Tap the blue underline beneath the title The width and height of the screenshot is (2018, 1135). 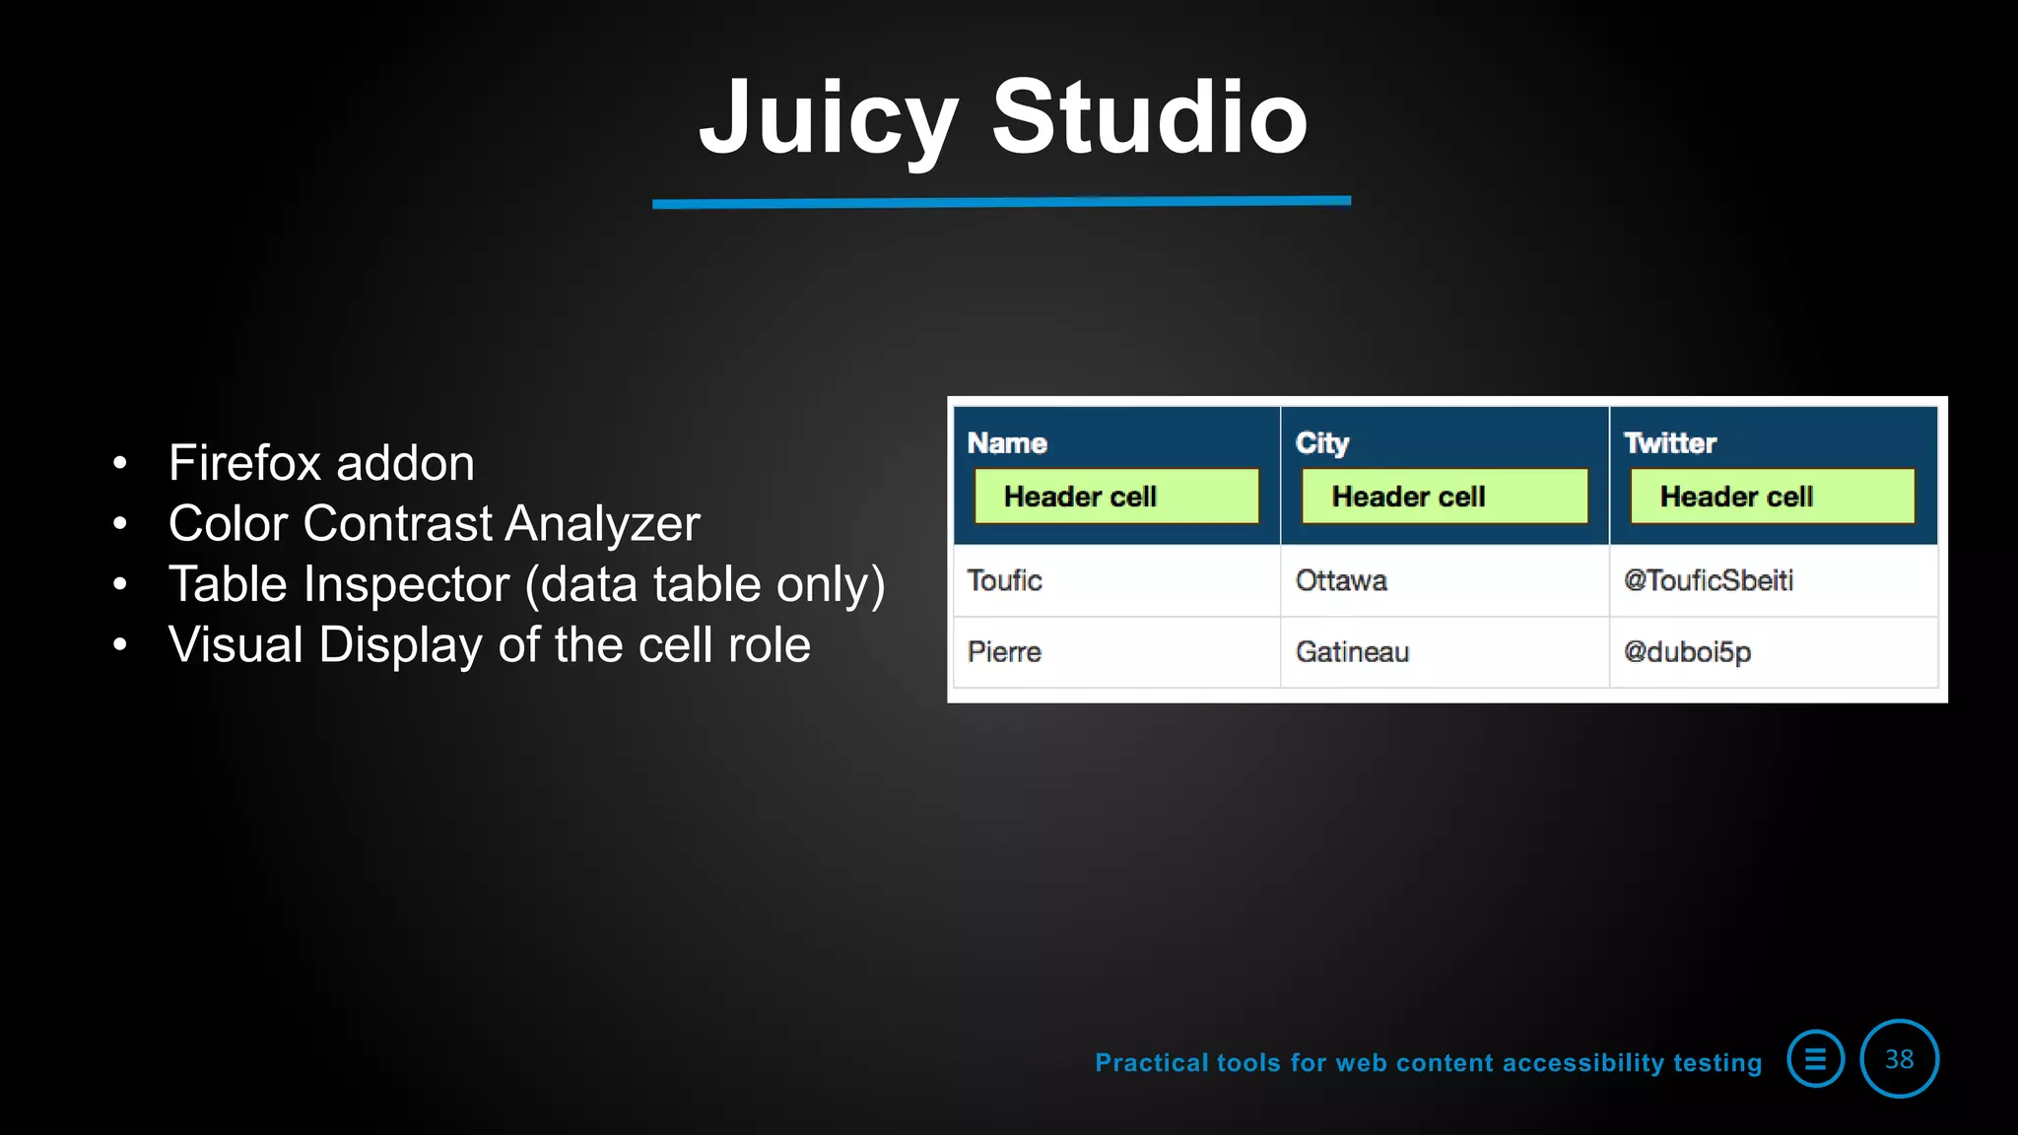[x=1001, y=202]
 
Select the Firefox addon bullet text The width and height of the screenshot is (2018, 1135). [x=321, y=463]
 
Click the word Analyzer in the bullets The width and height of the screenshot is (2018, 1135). [x=602, y=524]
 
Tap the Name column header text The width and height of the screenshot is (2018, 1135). [x=1006, y=443]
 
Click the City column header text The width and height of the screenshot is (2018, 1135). [x=1321, y=443]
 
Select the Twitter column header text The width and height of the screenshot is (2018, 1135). [x=1669, y=443]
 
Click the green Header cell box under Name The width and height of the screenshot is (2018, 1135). [x=1116, y=496]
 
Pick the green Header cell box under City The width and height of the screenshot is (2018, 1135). [x=1445, y=496]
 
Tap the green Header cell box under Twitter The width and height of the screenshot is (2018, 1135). [x=1773, y=496]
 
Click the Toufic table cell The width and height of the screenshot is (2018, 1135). [x=1004, y=580]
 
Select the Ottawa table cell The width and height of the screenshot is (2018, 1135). [x=1340, y=580]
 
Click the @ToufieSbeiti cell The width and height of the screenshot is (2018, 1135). [x=1708, y=580]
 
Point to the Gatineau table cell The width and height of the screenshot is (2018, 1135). [x=1352, y=652]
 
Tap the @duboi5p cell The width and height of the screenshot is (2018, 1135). [x=1687, y=652]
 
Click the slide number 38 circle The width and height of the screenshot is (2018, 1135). [x=1899, y=1059]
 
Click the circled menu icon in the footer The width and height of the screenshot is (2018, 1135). [x=1815, y=1059]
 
